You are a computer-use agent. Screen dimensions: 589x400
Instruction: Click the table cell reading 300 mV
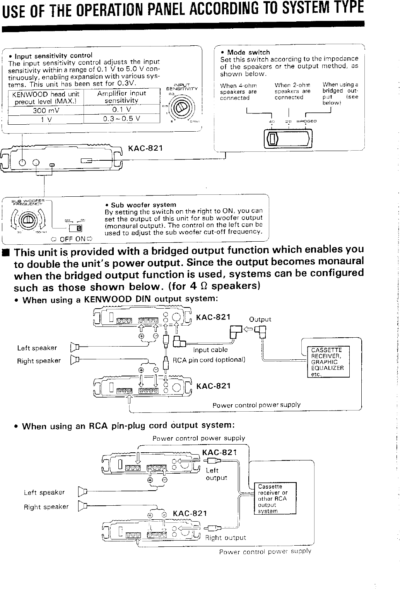point(46,110)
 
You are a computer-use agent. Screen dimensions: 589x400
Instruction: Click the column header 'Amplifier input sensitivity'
point(121,97)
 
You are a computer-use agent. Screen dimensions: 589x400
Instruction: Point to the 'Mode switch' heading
point(248,52)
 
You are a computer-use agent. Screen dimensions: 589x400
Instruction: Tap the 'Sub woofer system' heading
point(143,205)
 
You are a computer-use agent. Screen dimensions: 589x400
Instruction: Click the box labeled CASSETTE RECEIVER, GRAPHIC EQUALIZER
point(328,362)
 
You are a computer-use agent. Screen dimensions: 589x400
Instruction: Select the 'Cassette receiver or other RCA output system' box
point(274,498)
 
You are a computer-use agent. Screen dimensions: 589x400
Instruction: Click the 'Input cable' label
point(210,350)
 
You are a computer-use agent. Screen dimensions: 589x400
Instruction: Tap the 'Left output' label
point(216,474)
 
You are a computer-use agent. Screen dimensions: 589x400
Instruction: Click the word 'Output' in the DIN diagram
point(260,319)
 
